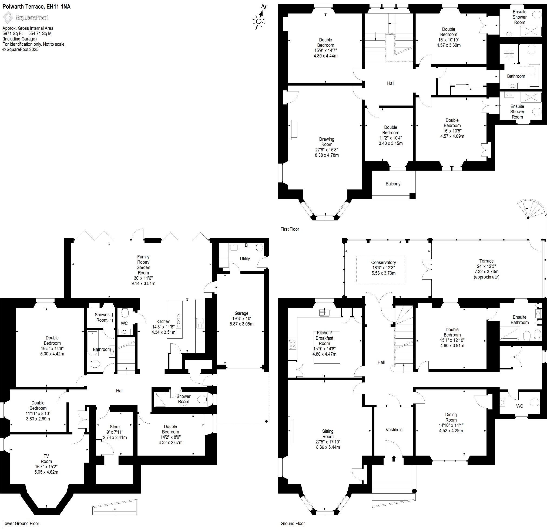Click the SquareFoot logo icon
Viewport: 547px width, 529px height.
point(8,17)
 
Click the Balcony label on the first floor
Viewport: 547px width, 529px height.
point(393,184)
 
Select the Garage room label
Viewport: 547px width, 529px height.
point(241,313)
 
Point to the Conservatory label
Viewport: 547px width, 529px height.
point(383,262)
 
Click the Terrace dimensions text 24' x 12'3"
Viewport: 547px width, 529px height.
point(486,266)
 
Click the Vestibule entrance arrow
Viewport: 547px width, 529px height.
point(394,458)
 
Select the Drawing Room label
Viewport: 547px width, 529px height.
point(327,142)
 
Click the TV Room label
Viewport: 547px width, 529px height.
point(46,459)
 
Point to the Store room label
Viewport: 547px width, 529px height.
point(115,427)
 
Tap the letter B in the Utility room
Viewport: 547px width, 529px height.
point(246,245)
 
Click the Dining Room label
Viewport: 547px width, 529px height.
point(451,417)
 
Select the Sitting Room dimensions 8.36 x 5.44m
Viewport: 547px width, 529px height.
point(328,447)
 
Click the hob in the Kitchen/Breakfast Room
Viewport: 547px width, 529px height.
point(293,344)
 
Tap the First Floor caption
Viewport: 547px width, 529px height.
point(290,229)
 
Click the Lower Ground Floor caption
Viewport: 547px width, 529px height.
point(21,523)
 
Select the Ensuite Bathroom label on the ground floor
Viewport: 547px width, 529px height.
point(519,320)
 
